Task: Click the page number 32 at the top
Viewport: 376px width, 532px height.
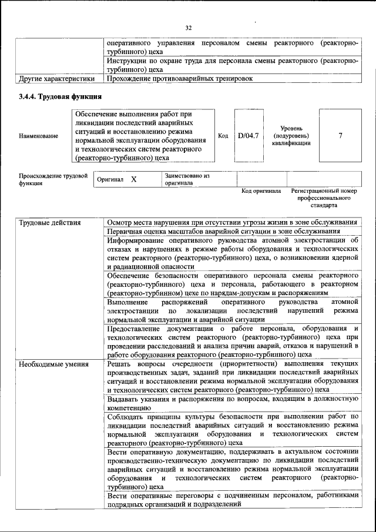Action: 189,28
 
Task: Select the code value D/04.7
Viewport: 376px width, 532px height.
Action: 249,136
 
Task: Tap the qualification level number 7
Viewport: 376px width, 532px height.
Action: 340,136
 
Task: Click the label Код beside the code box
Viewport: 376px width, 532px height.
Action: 223,136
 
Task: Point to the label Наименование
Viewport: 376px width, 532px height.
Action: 39,136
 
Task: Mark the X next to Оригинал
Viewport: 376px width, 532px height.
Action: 133,179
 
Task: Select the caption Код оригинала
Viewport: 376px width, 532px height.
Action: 261,192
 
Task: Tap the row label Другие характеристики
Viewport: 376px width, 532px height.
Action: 56,78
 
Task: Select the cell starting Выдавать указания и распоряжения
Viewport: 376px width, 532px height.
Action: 232,403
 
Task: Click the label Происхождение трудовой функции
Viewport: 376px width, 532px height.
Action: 53,179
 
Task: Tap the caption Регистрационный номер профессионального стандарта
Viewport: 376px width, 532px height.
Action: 324,199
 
